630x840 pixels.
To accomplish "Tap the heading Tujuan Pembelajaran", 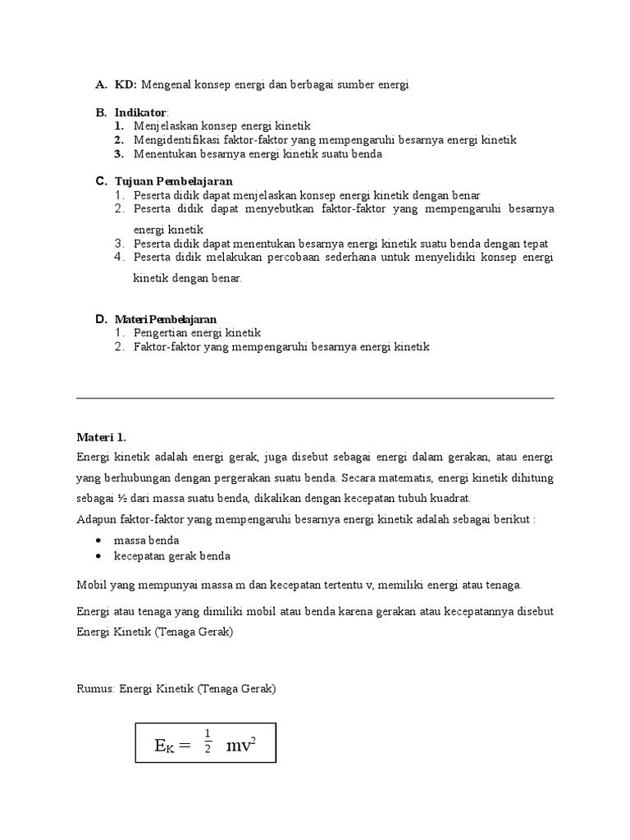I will (173, 180).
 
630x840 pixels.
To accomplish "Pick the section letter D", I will (100, 318).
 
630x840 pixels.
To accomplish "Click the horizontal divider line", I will (315, 398).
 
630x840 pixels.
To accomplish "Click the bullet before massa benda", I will (98, 541).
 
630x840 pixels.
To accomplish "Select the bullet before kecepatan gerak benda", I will (98, 555).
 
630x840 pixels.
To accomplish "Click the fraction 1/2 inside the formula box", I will (208, 741).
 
